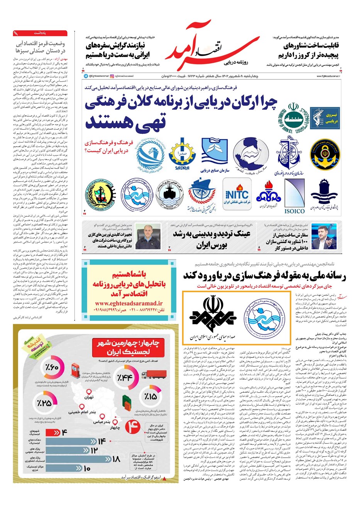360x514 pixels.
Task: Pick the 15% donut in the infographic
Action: [x=150, y=396]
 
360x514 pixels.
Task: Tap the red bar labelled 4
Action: [x=57, y=432]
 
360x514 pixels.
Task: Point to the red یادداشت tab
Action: [x=40, y=33]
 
